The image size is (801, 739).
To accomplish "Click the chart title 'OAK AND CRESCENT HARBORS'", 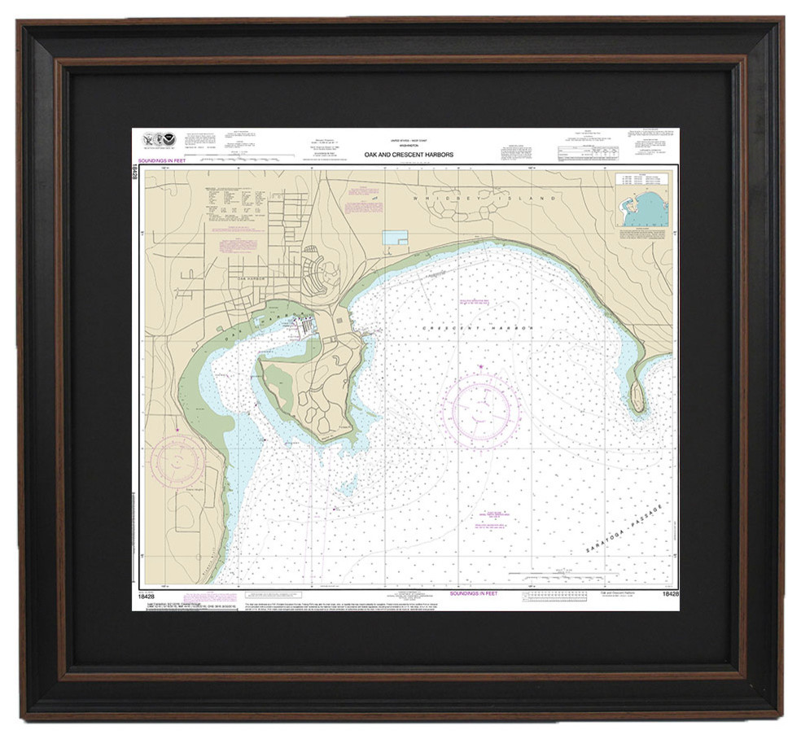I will point(409,154).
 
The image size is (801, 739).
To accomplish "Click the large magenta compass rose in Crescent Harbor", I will point(481,404).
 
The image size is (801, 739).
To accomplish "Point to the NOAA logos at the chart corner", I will point(160,140).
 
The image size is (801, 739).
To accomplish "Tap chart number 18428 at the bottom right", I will point(670,595).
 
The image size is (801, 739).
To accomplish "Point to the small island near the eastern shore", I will point(637,396).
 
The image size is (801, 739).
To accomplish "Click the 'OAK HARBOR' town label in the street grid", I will point(252,279).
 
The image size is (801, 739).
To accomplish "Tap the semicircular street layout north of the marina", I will point(322,273).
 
